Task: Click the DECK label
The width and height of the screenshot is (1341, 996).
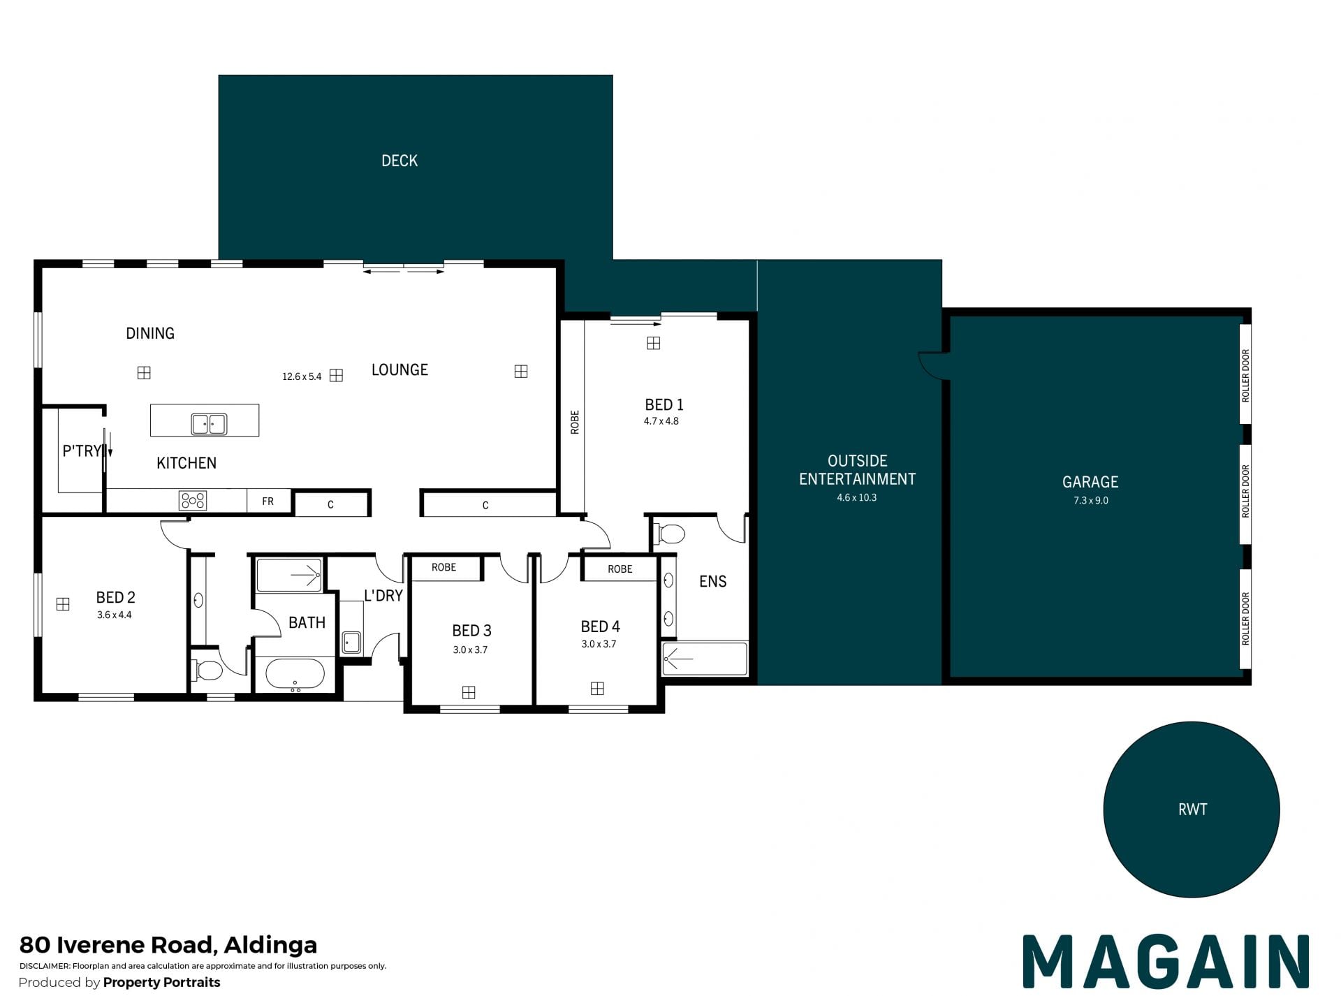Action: [400, 161]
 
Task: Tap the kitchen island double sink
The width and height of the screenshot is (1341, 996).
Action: [209, 423]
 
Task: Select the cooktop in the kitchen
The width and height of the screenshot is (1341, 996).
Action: [193, 500]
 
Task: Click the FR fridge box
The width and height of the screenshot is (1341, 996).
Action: [268, 501]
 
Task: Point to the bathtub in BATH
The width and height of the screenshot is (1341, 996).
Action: [295, 675]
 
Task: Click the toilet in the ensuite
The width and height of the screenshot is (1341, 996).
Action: [669, 534]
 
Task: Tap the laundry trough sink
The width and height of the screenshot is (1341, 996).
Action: [351, 642]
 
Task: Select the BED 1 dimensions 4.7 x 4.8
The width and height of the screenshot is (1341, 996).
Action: [661, 421]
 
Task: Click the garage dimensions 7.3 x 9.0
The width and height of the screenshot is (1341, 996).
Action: [1091, 500]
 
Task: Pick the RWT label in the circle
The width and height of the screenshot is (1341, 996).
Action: [1192, 810]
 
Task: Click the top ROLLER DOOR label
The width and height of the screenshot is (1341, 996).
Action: [1245, 375]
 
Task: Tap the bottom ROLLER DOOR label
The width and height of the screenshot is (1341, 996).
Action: [1245, 619]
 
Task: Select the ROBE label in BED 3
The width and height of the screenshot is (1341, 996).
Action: [444, 567]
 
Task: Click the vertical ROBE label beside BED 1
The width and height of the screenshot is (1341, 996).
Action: [575, 422]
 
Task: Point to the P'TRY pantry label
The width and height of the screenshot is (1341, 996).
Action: [82, 451]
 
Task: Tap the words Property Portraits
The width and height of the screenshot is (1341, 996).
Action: [161, 982]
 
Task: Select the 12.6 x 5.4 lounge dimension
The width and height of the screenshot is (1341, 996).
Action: [302, 376]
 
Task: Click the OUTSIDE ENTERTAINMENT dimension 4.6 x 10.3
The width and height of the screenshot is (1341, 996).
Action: [857, 497]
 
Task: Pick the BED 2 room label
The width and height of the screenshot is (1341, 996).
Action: [115, 597]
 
